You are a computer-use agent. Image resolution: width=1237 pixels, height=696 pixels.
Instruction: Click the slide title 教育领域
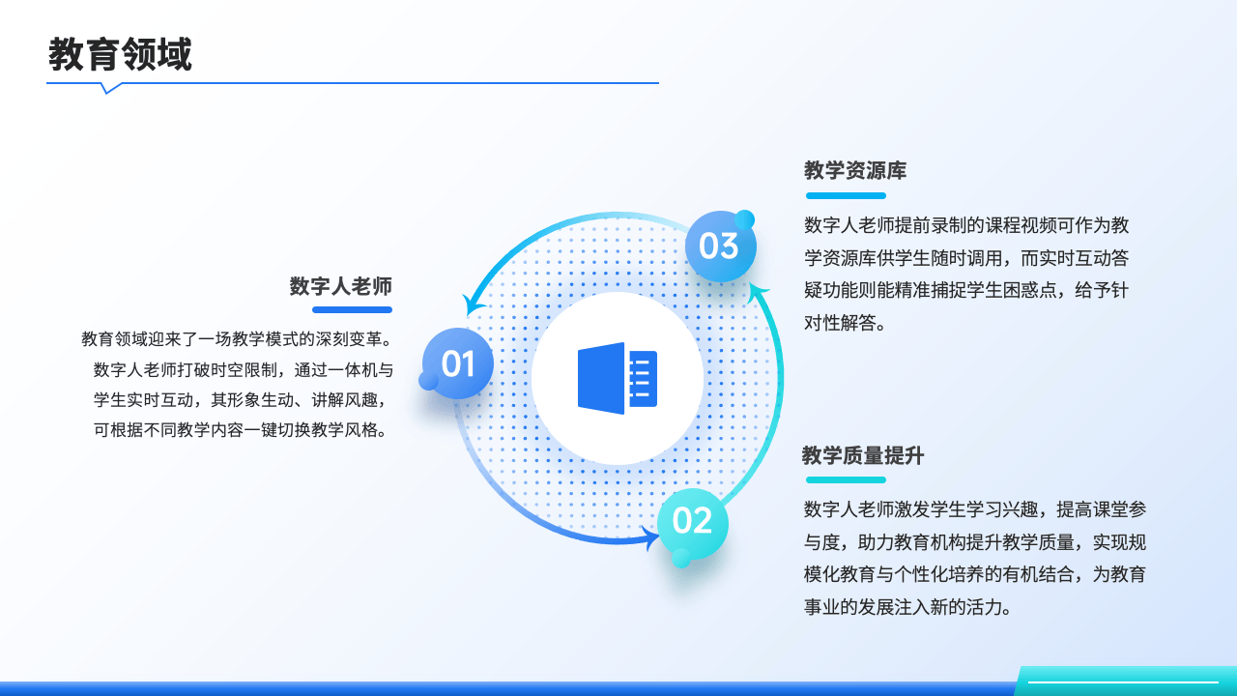coord(120,54)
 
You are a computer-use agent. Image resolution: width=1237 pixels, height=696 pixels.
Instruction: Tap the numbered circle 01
coord(458,363)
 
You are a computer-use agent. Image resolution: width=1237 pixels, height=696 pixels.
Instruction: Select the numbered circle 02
coord(693,523)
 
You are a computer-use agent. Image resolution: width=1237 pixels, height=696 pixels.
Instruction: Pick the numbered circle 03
coord(721,246)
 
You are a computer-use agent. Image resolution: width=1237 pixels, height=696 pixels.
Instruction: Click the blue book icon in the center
coord(618,378)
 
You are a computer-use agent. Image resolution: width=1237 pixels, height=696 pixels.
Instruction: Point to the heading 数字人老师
coord(341,286)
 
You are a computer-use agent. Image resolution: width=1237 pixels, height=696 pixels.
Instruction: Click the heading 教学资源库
coord(855,170)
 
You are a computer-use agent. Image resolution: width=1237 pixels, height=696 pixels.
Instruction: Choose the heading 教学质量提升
coord(863,455)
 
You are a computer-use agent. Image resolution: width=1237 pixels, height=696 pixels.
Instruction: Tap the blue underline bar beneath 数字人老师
coord(353,310)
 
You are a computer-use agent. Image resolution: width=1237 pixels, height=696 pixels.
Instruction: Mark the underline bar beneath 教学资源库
coord(846,195)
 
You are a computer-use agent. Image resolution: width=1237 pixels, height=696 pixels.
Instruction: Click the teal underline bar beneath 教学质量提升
coord(846,480)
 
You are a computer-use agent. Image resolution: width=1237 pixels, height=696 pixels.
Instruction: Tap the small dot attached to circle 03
coord(745,219)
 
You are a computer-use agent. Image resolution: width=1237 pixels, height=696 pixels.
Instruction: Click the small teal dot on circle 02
coord(681,558)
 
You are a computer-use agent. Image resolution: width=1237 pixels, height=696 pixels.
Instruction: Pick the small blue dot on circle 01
coord(428,381)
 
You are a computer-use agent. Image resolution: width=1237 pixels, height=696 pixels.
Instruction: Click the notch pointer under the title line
coord(109,88)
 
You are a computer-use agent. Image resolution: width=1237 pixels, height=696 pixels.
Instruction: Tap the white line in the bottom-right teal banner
coord(1123,682)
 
